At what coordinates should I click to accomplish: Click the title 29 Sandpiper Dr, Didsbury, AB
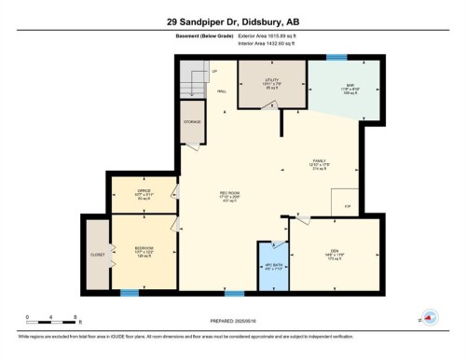pos(233,21)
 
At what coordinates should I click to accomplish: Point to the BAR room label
pos(345,88)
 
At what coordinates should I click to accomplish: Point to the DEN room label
pos(333,249)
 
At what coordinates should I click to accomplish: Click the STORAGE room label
pos(192,121)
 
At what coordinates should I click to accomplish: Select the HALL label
pos(222,91)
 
